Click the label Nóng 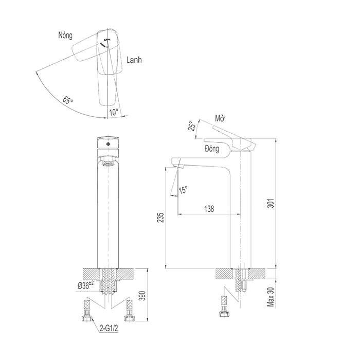(x=65, y=35)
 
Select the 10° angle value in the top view (x=113, y=111)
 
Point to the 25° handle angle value (x=191, y=127)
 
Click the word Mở (x=221, y=118)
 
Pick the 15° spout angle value (x=183, y=190)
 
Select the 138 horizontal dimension (x=209, y=209)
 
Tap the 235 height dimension (x=160, y=218)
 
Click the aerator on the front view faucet (x=108, y=165)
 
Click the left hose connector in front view (x=87, y=311)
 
